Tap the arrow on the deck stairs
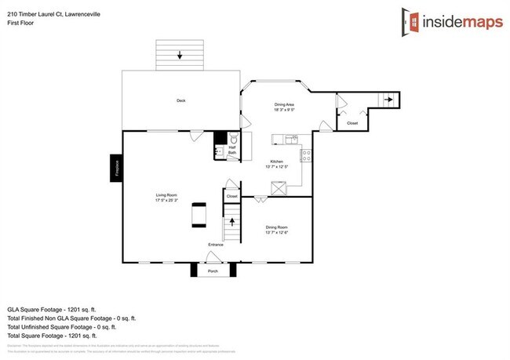coord(180,55)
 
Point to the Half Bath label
coord(232,150)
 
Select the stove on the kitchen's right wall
coord(307,155)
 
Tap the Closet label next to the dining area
coord(352,123)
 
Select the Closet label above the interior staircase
coord(232,195)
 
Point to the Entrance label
coord(216,245)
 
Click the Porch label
coord(212,271)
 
